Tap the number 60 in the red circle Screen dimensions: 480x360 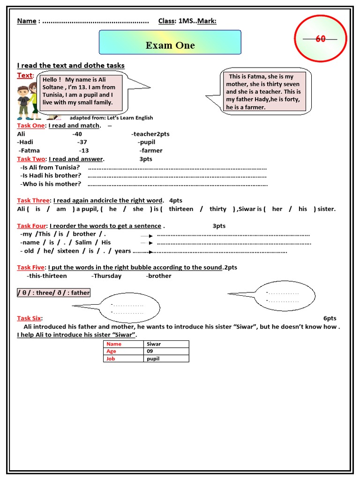(x=320, y=39)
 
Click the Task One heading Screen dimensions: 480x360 (x=31, y=126)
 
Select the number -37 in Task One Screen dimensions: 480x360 (x=82, y=142)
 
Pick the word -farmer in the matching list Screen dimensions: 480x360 (x=151, y=150)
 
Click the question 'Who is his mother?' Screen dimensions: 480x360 (x=51, y=184)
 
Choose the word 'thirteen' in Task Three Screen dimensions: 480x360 (x=181, y=209)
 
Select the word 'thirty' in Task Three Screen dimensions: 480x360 (x=218, y=209)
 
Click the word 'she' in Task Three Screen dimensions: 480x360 (x=138, y=209)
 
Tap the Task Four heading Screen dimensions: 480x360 (x=32, y=226)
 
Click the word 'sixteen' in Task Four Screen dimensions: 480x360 (x=68, y=251)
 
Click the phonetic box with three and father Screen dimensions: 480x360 (x=53, y=292)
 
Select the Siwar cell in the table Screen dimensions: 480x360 (x=166, y=344)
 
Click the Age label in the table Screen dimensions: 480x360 (x=112, y=351)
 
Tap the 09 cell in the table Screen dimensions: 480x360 (x=166, y=351)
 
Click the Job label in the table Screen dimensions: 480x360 (x=111, y=359)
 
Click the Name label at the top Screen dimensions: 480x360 (x=27, y=21)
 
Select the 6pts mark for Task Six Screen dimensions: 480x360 (x=330, y=318)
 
